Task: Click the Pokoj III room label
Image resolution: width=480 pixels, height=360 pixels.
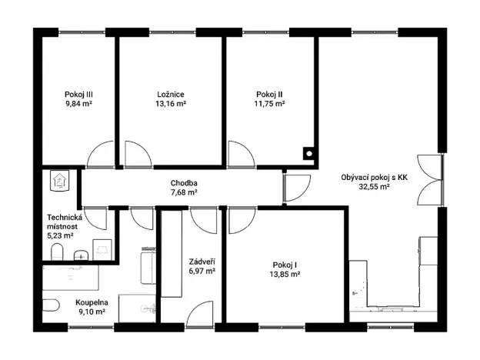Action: click(78, 95)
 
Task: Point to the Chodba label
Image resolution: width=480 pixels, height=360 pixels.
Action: click(184, 183)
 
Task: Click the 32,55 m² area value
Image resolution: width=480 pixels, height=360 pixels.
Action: click(375, 186)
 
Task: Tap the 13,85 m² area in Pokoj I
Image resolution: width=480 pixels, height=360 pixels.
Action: click(284, 273)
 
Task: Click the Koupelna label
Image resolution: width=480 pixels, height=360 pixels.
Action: click(92, 304)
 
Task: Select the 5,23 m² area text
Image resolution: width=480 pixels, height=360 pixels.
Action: click(63, 237)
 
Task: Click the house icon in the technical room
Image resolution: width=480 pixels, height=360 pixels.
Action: click(60, 180)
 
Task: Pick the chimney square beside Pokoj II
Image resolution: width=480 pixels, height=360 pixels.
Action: click(308, 152)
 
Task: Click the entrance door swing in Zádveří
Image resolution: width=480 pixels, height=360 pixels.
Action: click(199, 313)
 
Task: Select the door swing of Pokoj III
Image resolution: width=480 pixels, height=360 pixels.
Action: click(101, 156)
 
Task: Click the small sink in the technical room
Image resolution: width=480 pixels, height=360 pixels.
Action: click(82, 255)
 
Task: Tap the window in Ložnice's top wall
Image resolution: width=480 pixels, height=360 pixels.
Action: click(171, 32)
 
